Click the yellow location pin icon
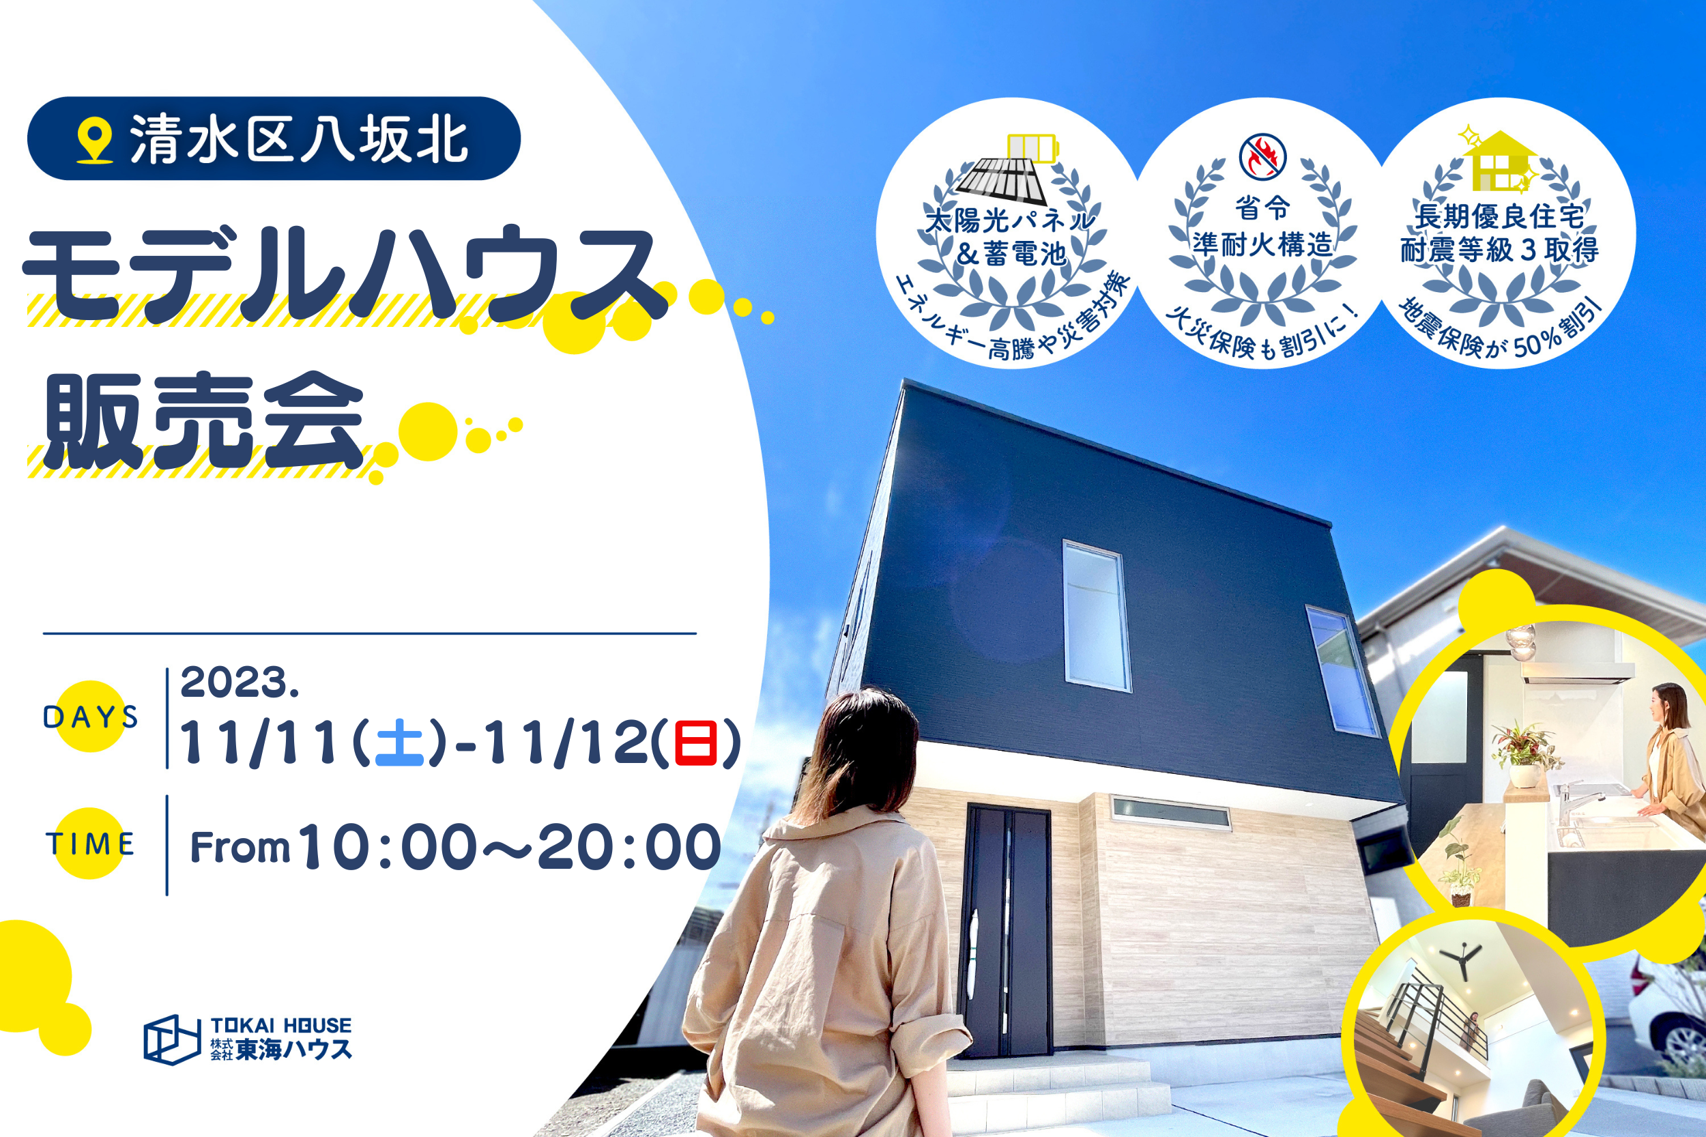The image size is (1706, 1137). pos(94,140)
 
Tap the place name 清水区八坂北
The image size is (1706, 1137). pos(299,139)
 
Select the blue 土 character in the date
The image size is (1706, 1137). pos(399,743)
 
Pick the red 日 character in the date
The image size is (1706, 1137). pos(696,743)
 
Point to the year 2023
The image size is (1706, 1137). pos(240,682)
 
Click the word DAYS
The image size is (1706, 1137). pos(91,717)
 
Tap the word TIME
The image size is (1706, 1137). pos(91,844)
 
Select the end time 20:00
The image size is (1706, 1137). pos(629,847)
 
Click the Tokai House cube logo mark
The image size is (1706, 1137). pos(172,1039)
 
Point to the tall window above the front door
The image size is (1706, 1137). pos(1097,616)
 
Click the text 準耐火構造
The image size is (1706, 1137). pos(1263,244)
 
